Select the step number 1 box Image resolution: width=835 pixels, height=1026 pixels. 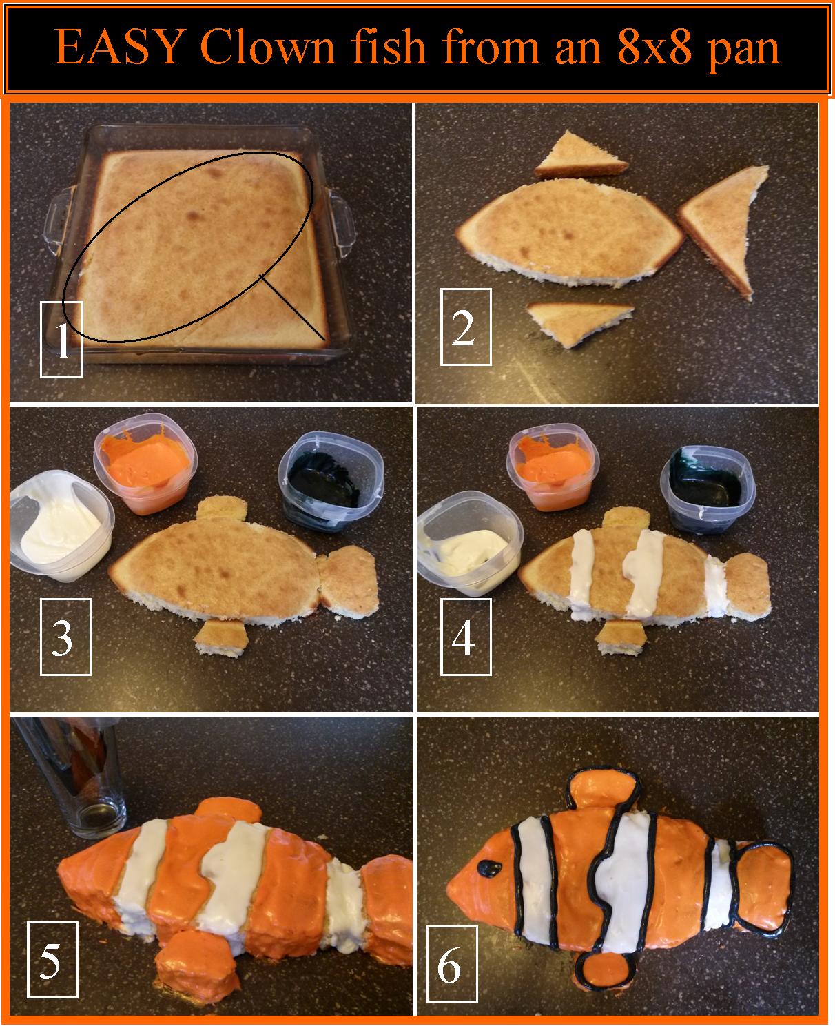[x=61, y=340]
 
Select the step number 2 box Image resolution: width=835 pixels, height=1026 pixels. [x=466, y=327]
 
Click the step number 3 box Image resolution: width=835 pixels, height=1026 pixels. [x=65, y=637]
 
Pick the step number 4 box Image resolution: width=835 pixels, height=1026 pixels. [x=466, y=637]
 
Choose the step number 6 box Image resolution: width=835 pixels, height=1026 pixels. [x=452, y=964]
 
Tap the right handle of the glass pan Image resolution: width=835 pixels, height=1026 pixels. [x=342, y=221]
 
